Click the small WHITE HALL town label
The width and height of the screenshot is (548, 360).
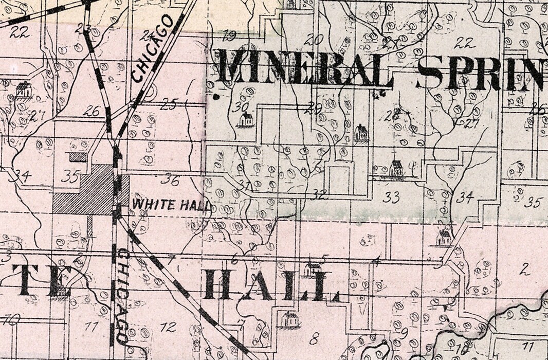pyautogui.click(x=171, y=204)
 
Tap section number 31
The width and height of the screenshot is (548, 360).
pyautogui.click(x=245, y=185)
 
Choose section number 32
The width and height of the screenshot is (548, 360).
pyautogui.click(x=319, y=194)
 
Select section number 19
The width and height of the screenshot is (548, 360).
pyautogui.click(x=229, y=35)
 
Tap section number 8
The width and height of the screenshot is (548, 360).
pyautogui.click(x=314, y=338)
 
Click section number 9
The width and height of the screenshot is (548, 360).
pyautogui.click(x=405, y=331)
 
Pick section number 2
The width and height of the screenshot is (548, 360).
pyautogui.click(x=524, y=268)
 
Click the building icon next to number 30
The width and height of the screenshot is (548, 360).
pyautogui.click(x=246, y=120)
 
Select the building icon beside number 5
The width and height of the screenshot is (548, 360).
pyautogui.click(x=312, y=269)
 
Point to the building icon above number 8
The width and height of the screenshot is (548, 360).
pyautogui.click(x=290, y=320)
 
